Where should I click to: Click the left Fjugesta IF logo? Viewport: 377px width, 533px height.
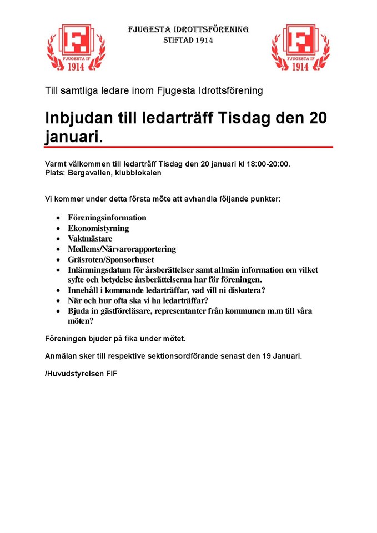point(76,47)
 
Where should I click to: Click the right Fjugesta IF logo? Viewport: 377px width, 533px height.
point(300,47)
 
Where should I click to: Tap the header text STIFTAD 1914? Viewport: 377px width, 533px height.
point(188,41)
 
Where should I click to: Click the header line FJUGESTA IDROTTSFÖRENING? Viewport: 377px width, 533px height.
point(188,29)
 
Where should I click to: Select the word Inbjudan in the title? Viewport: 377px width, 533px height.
point(76,118)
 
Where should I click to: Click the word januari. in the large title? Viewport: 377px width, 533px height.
point(73,137)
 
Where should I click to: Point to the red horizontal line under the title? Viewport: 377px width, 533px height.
point(189,147)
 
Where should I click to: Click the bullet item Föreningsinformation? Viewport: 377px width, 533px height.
point(107,218)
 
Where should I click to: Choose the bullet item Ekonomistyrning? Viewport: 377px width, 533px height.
point(98,228)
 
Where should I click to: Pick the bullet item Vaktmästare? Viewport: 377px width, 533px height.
point(89,239)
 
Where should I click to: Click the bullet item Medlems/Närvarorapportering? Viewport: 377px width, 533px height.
point(122,249)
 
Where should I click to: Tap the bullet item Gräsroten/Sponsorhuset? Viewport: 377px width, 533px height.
point(110,259)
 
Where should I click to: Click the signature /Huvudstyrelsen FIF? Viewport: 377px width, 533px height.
point(81,374)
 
